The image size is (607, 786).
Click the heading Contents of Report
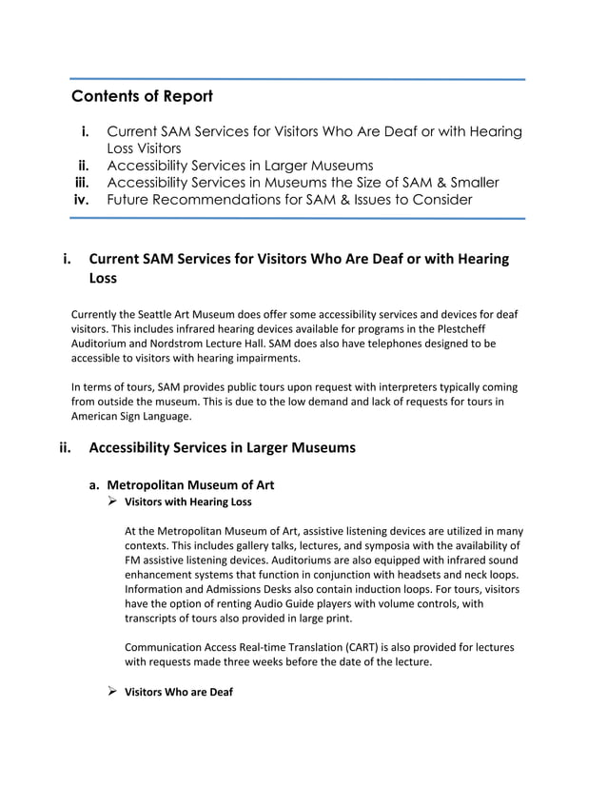click(x=142, y=97)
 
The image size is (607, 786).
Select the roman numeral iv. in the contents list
click(x=88, y=199)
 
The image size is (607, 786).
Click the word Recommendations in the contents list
click(x=224, y=199)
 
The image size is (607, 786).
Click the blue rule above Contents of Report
click(x=297, y=80)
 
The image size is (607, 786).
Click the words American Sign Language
click(x=130, y=417)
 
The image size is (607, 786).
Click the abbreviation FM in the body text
click(x=132, y=560)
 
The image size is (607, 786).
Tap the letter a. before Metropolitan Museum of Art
click(x=95, y=483)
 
